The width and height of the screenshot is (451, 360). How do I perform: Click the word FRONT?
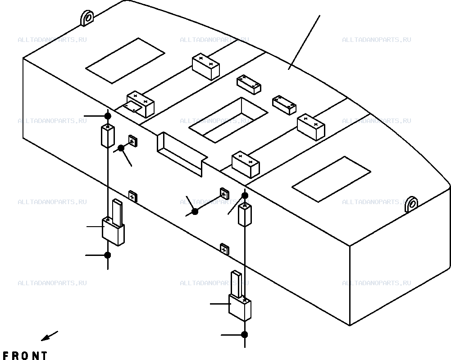pos(25,355)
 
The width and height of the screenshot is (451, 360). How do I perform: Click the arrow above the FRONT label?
pos(50,336)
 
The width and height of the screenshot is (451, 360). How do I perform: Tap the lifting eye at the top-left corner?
pos(87,18)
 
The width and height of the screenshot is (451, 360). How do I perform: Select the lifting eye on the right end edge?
pos(411,204)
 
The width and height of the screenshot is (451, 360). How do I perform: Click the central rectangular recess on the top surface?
pos(228,120)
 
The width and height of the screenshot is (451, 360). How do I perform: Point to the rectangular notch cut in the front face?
pos(182,154)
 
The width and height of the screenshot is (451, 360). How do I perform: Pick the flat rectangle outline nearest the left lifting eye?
pos(125,61)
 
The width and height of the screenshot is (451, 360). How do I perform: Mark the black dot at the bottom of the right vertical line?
pos(245,335)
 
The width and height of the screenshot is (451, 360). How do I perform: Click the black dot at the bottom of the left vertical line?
pos(108,255)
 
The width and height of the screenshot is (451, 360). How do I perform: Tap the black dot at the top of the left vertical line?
pos(108,116)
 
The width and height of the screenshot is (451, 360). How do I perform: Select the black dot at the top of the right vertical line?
pos(245,196)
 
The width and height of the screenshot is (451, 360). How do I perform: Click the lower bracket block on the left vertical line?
pos(114,231)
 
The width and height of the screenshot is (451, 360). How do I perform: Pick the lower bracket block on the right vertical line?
pos(240,308)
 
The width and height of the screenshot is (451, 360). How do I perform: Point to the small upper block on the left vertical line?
pos(108,136)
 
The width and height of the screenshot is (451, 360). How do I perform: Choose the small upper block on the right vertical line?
pos(245,215)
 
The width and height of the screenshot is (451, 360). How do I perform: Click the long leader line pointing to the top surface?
pos(304,42)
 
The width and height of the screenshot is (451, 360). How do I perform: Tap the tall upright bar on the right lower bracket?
pos(237,284)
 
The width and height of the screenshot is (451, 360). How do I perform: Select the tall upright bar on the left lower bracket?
pos(117,212)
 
